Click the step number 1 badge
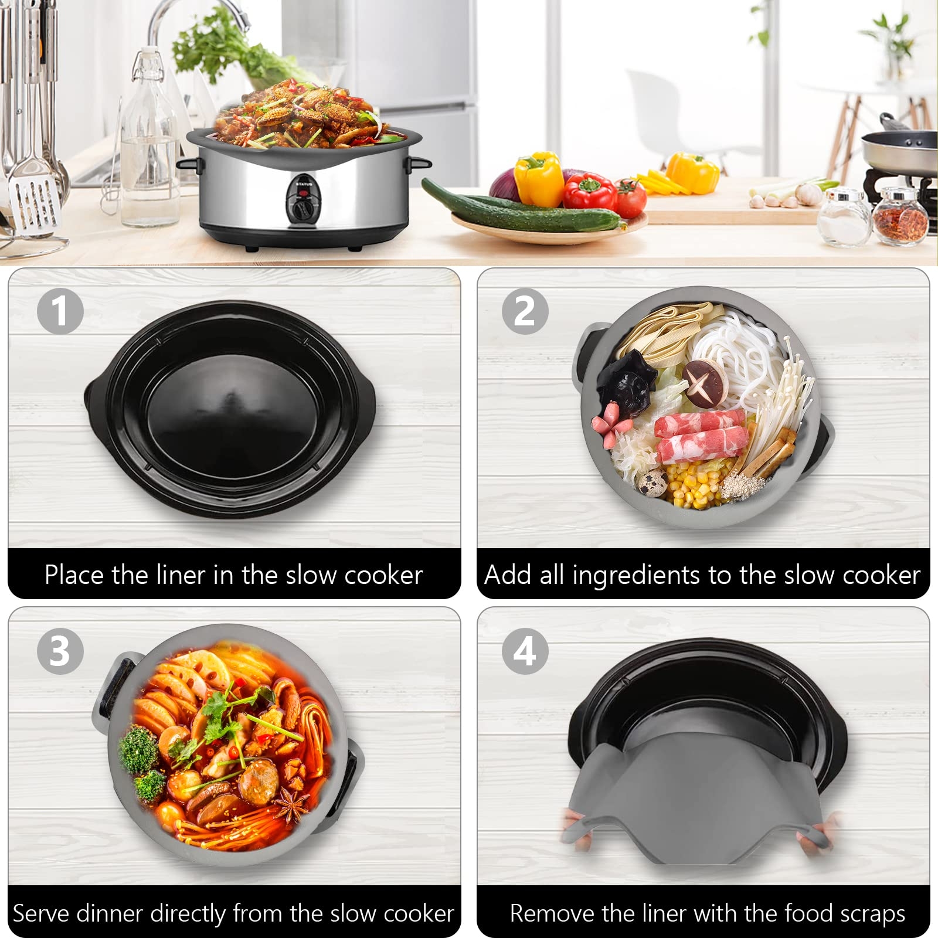(x=60, y=311)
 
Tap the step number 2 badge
(x=525, y=311)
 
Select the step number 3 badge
(x=60, y=651)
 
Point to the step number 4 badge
(x=525, y=651)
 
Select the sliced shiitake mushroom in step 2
(x=705, y=383)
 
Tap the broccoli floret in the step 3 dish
(x=138, y=750)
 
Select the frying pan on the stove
(x=899, y=149)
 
